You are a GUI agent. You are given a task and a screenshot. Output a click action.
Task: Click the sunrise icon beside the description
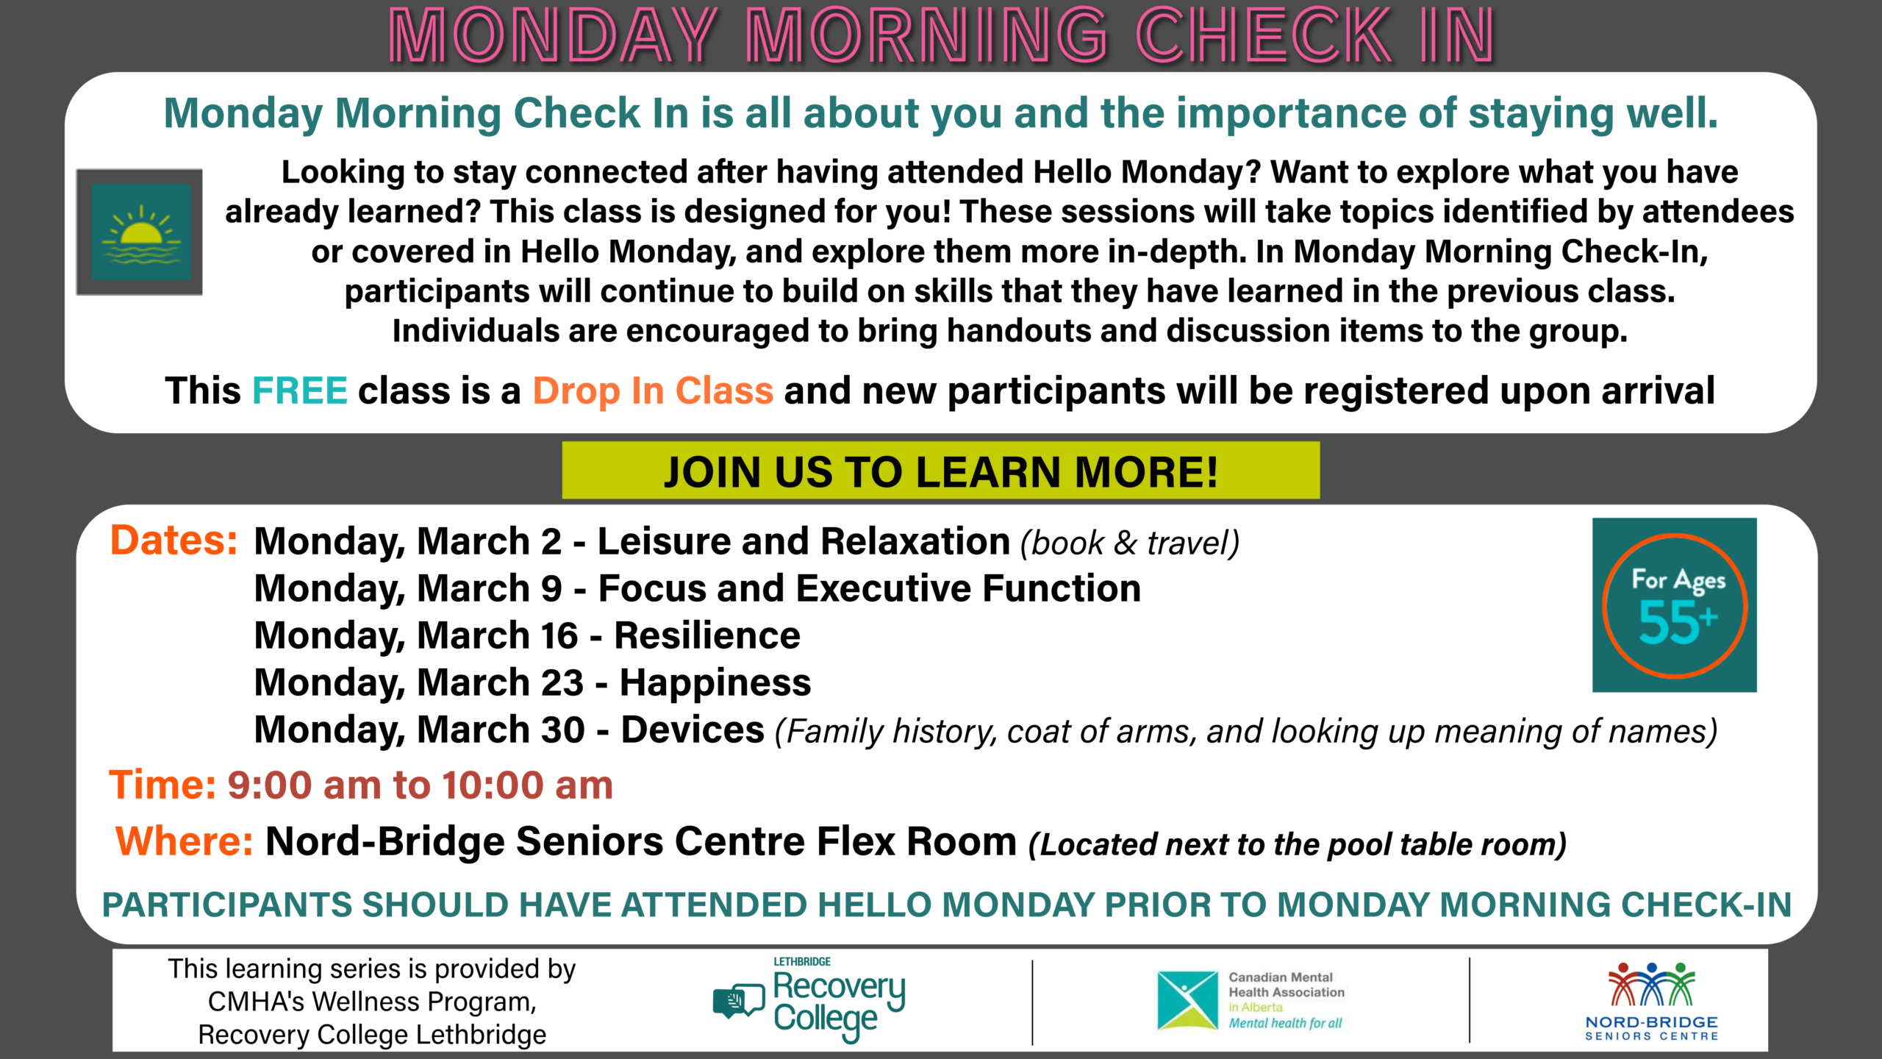(x=140, y=232)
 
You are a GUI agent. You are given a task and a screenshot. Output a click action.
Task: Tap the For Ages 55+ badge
(x=1674, y=605)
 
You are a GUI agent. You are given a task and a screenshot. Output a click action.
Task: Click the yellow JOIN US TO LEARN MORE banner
(x=940, y=471)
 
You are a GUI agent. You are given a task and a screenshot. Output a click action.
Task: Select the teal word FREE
(x=300, y=391)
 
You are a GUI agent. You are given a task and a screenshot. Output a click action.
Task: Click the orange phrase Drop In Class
(x=653, y=391)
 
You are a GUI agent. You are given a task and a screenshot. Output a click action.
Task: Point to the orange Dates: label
(x=173, y=541)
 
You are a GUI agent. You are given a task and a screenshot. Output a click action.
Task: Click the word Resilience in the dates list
(x=707, y=635)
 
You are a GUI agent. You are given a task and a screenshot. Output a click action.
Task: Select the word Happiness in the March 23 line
(x=715, y=683)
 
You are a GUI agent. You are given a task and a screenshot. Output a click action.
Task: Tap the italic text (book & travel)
(x=1130, y=543)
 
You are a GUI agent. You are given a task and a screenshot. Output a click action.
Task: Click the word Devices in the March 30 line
(x=693, y=730)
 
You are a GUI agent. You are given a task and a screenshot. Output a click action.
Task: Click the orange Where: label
(x=185, y=841)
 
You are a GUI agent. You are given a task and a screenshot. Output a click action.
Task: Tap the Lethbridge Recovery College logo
(x=809, y=1000)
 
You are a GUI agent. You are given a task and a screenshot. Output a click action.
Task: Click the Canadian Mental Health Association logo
(x=1251, y=1000)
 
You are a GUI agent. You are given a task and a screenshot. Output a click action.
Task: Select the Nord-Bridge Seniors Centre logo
(x=1651, y=1001)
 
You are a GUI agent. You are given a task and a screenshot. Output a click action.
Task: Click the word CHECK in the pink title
(x=1263, y=35)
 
